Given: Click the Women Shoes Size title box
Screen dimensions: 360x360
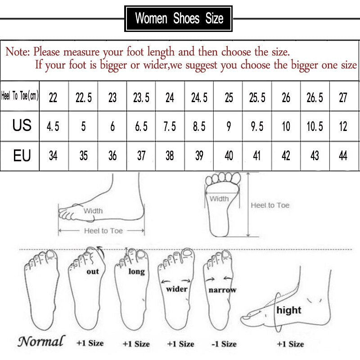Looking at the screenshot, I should point(179,18).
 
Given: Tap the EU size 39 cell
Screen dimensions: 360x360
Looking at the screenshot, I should point(199,156).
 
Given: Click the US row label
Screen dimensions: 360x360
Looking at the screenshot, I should point(22,126).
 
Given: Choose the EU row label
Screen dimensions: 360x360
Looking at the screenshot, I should point(22,156).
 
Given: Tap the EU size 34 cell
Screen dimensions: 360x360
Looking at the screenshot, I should point(53,156).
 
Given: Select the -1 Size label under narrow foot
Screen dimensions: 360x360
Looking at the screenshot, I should point(224,344).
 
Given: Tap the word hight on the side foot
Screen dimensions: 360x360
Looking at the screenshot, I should point(289,310).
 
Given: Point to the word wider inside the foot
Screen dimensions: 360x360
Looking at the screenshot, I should point(176,289).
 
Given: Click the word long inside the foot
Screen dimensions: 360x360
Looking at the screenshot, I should point(136,271).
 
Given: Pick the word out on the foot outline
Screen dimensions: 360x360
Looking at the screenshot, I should point(93,271).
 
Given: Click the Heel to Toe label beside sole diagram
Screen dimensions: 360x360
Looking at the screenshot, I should point(270,205).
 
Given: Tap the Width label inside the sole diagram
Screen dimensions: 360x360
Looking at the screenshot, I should point(219,198).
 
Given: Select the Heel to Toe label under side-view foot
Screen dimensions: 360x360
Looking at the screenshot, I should point(103,230).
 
